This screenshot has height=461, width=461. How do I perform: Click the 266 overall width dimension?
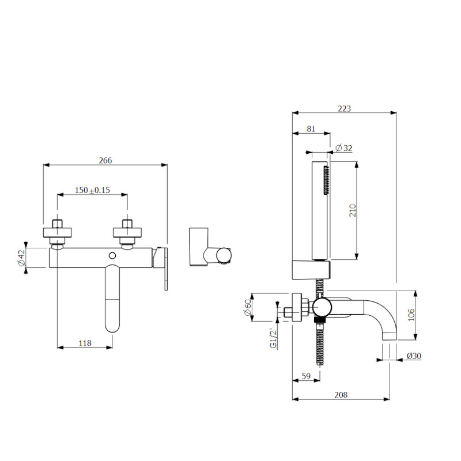coord(105,160)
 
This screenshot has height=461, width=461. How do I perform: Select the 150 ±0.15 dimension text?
coord(92,190)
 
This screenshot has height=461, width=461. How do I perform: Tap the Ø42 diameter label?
coord(21,258)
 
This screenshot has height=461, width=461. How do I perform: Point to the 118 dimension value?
coord(85,343)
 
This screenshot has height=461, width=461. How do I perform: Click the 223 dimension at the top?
coord(344,108)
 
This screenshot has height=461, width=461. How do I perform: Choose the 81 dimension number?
coord(311,130)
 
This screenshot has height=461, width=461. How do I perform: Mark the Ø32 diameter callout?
coord(344,148)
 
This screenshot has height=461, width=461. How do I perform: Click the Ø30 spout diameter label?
coord(413,356)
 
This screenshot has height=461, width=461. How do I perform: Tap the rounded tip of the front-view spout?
coord(112,326)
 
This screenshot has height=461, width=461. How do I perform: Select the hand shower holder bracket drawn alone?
coord(202,248)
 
